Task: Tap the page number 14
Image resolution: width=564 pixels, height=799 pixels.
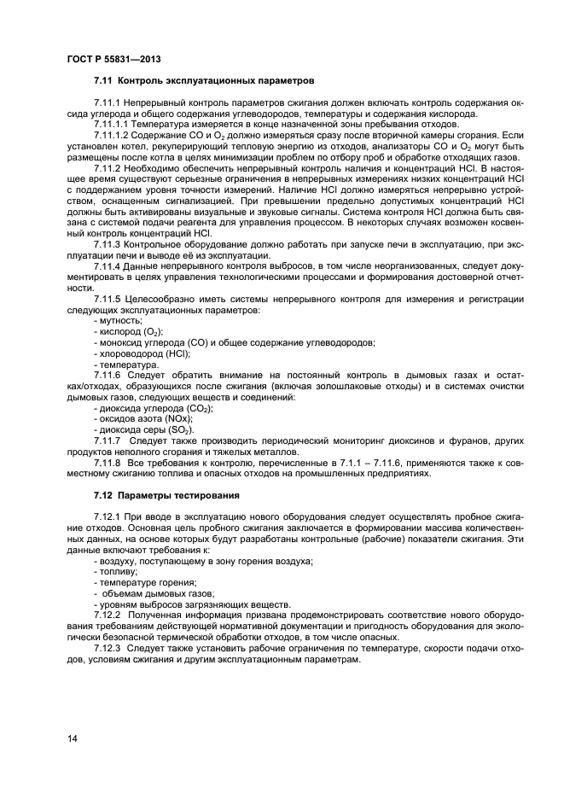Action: tap(73, 738)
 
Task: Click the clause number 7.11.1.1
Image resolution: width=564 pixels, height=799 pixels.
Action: tap(115, 125)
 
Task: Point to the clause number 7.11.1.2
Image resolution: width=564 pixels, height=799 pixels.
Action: tap(115, 136)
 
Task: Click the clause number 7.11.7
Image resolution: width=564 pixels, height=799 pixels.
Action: tap(111, 440)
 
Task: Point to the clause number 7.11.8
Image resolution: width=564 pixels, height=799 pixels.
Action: tap(111, 462)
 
